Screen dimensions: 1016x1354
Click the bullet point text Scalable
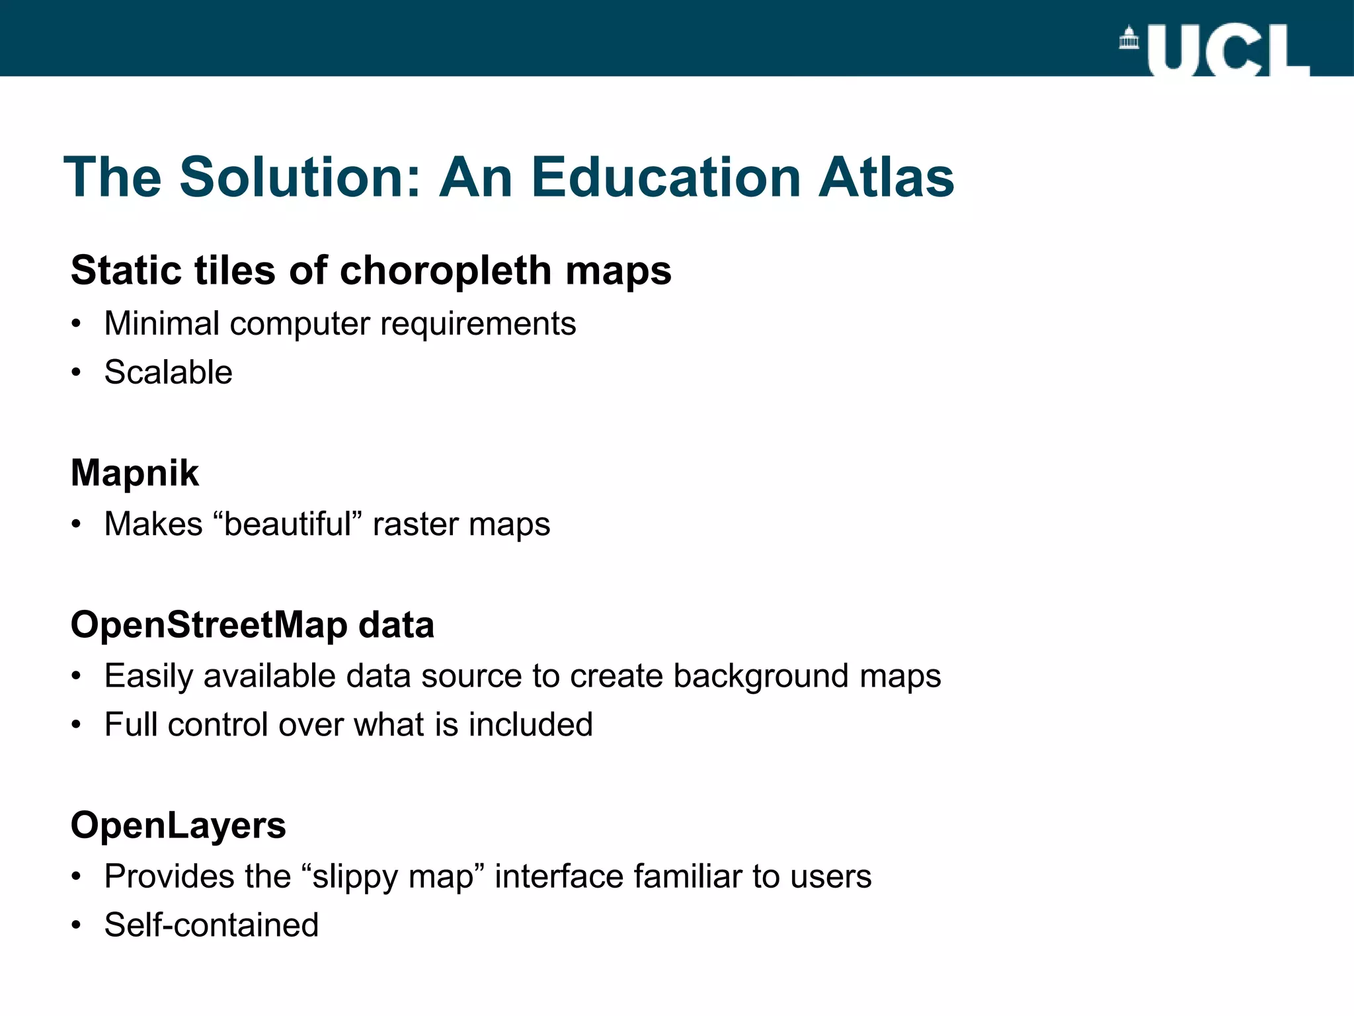[168, 372]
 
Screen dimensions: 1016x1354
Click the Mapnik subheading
[134, 474]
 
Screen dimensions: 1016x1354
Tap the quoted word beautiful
[288, 525]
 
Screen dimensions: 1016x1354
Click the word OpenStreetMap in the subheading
[208, 625]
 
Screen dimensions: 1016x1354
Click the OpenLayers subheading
[178, 825]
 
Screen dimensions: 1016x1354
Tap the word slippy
[350, 877]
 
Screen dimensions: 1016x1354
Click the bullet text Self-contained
[211, 925]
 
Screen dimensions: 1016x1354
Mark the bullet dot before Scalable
[77, 373]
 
